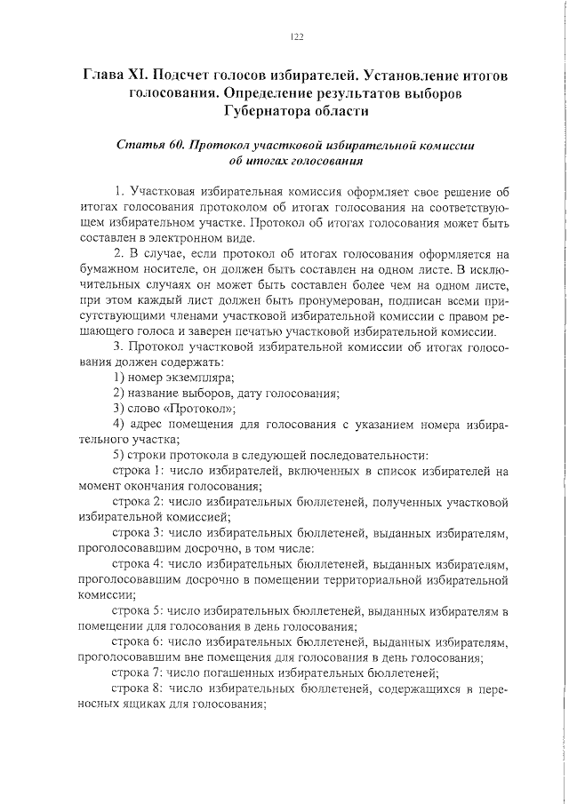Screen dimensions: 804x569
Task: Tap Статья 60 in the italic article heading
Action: coord(148,146)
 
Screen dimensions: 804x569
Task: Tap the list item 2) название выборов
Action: coord(226,394)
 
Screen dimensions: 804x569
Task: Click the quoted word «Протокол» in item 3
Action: coord(199,409)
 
